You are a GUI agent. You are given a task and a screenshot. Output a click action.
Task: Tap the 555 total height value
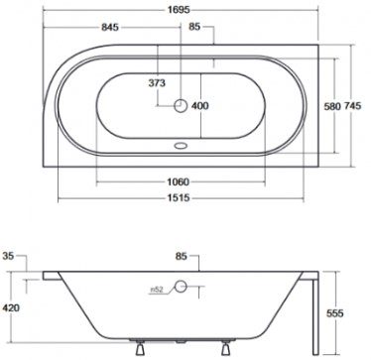353,309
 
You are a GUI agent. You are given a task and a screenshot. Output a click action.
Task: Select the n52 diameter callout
155,289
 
